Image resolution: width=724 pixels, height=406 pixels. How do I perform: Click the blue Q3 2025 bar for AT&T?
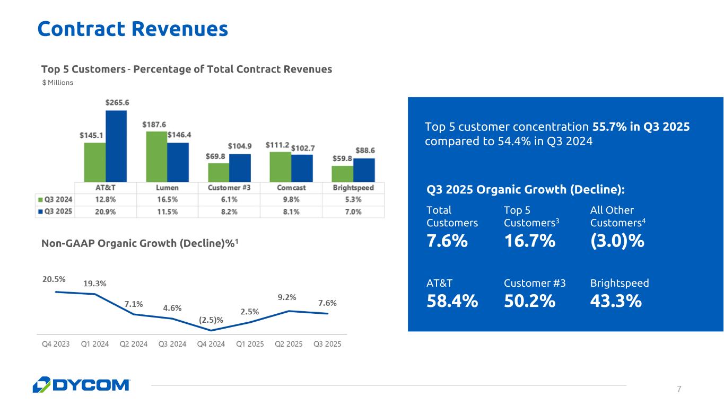point(116,146)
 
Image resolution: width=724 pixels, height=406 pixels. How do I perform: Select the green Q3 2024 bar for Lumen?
point(157,157)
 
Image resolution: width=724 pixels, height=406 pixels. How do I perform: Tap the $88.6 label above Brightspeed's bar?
point(365,151)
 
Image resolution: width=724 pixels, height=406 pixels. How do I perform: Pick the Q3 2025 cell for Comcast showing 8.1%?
point(291,212)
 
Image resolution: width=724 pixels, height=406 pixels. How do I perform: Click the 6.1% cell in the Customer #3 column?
point(229,200)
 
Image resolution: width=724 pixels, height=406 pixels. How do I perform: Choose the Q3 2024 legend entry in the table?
point(55,200)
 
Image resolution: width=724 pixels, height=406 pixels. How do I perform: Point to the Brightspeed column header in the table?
point(353,188)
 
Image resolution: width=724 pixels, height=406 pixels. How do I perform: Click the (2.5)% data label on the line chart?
point(211,320)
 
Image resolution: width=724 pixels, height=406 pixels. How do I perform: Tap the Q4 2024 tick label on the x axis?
point(211,344)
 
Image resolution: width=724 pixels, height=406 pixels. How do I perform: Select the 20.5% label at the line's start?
point(54,279)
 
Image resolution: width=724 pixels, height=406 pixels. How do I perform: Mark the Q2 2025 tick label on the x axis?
point(289,344)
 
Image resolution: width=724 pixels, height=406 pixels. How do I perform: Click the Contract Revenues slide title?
point(133,29)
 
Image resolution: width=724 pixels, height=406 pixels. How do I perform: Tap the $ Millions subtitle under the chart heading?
point(57,82)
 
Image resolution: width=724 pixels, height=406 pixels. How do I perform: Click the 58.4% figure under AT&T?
point(452,301)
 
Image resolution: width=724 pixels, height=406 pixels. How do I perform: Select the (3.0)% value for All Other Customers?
point(617,241)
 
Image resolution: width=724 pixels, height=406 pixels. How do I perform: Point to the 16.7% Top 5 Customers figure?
point(530,241)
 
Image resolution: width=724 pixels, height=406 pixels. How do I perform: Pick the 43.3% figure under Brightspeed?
point(616,301)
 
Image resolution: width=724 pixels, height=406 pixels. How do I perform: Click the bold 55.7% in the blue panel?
point(609,127)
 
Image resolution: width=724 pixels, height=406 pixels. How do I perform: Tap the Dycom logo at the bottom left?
point(81,385)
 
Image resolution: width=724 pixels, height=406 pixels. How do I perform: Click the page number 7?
point(679,389)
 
